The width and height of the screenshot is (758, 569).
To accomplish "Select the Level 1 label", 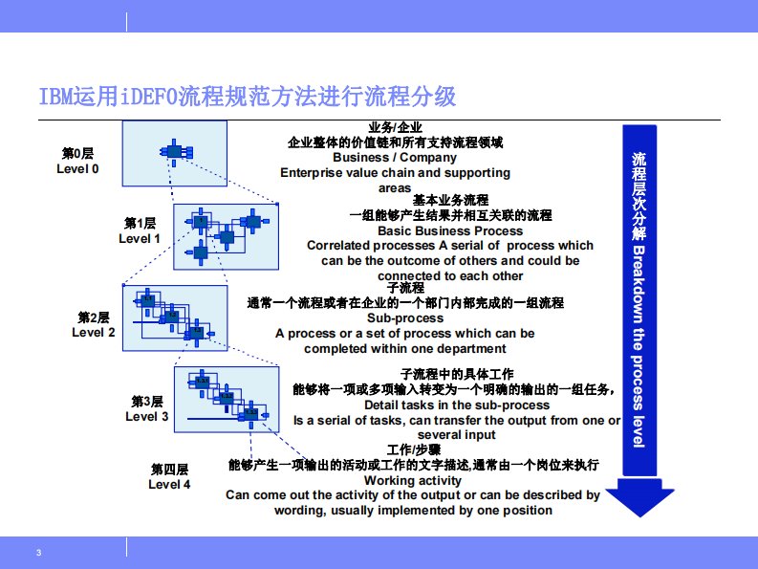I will tap(140, 230).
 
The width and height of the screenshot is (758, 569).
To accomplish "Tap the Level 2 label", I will tap(94, 325).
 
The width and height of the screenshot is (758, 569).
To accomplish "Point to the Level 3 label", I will tap(147, 409).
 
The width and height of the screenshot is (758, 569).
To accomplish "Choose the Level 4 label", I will tap(169, 477).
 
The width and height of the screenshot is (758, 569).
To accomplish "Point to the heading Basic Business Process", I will tap(450, 230).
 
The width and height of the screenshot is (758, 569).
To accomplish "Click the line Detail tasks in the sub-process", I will tap(457, 405).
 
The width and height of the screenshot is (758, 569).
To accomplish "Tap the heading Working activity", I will tap(413, 480).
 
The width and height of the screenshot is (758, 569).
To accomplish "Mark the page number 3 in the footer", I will tap(38, 554).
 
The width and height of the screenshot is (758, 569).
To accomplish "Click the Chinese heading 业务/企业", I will tap(395, 127).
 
